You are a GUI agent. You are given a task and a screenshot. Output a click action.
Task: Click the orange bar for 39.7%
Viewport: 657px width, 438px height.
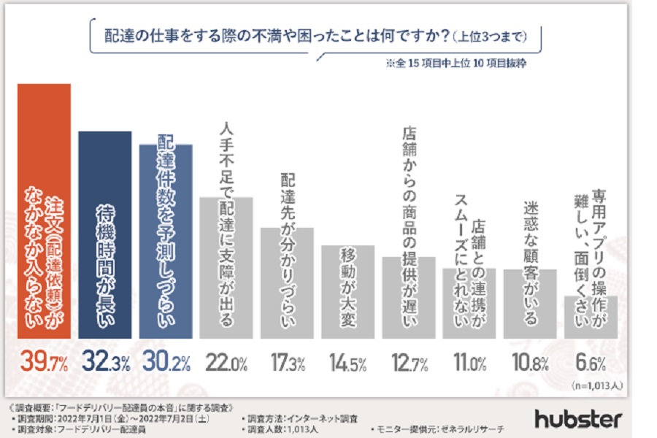point(44,212)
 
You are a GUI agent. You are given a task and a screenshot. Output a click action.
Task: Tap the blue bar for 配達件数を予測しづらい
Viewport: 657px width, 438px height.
point(166,241)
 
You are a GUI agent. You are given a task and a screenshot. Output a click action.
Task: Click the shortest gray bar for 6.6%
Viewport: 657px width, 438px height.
point(591,318)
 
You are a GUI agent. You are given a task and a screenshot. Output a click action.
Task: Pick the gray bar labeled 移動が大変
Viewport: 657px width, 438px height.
point(347,292)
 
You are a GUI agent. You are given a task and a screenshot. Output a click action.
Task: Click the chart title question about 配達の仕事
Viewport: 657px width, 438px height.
point(314,35)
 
